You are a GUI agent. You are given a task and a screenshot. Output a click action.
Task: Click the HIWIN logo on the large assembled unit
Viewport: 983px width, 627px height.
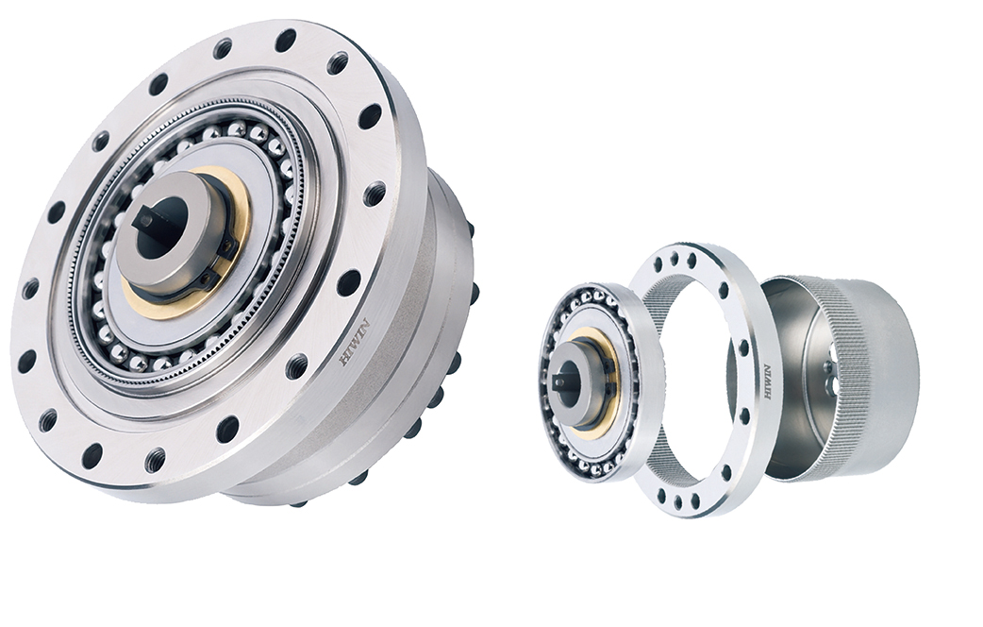355,343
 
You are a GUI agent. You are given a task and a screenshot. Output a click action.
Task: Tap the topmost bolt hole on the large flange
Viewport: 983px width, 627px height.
288,37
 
